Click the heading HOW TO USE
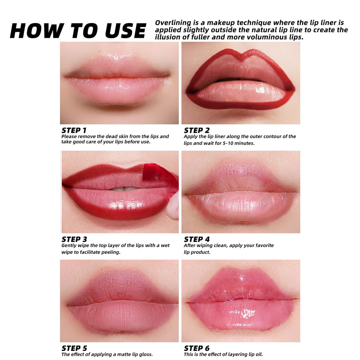tap(78, 31)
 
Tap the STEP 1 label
tap(74, 130)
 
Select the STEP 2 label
tap(197, 130)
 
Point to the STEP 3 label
tap(74, 239)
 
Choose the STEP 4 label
tap(197, 239)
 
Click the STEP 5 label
tap(74, 348)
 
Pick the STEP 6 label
tap(197, 348)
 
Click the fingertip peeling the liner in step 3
tap(173, 206)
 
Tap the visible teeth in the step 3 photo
tap(124, 189)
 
